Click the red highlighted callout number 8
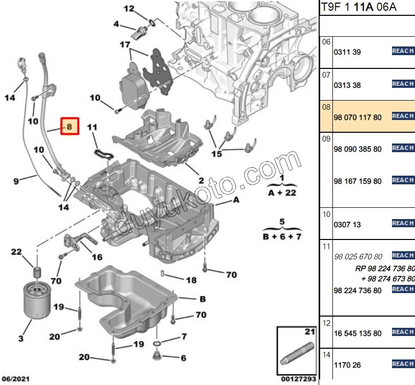pos(70,126)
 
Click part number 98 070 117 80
pos(357,117)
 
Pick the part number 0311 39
pos(347,52)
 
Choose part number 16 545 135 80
pos(357,333)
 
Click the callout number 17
pos(125,44)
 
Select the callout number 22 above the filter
pos(17,252)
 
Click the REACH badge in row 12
pos(403,332)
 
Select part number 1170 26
pos(347,366)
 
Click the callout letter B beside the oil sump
pos(202,299)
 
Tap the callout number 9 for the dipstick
pos(16,181)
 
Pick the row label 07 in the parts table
pos(326,75)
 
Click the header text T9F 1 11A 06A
pos(358,8)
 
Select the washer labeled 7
pos(158,341)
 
